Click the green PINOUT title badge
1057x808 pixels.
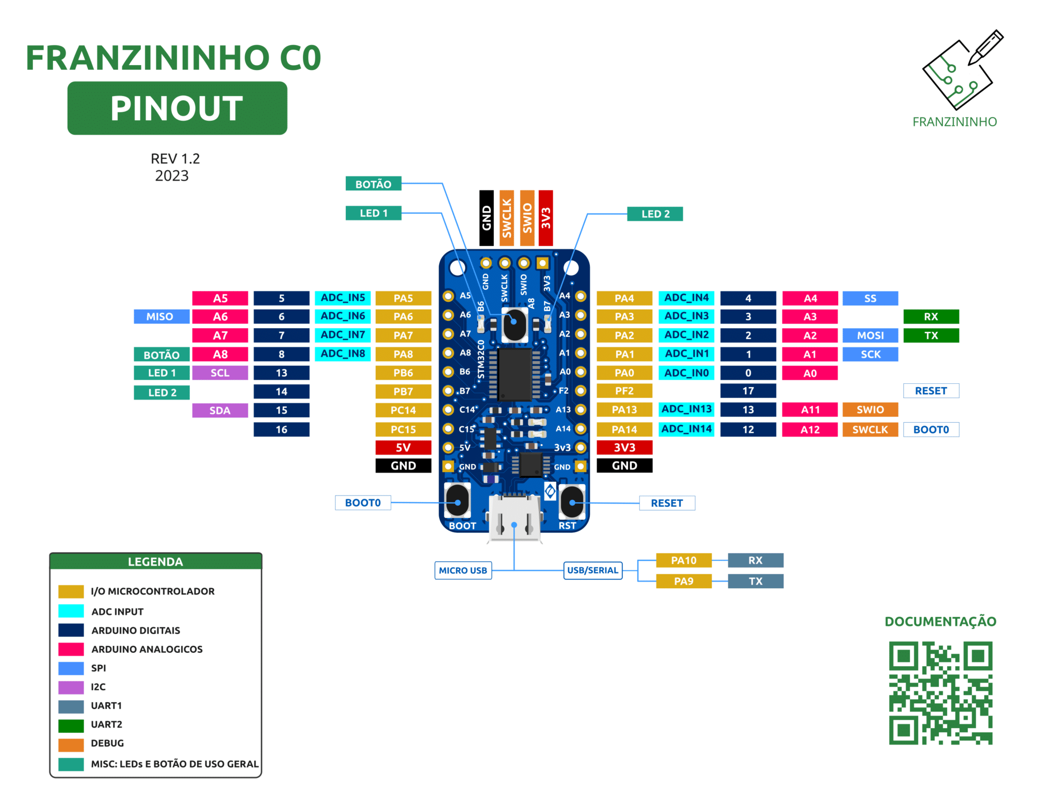pyautogui.click(x=177, y=108)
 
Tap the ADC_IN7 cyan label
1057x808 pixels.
pyautogui.click(x=343, y=335)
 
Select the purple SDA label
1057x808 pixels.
pyautogui.click(x=220, y=410)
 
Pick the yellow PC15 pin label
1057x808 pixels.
pyautogui.click(x=403, y=429)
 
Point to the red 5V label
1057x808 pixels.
pyautogui.click(x=403, y=447)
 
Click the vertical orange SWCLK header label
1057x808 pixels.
pyautogui.click(x=506, y=218)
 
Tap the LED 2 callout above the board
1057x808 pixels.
pyautogui.click(x=654, y=214)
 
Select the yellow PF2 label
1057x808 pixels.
pyautogui.click(x=624, y=391)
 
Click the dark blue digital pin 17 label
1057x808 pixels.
pyautogui.click(x=748, y=391)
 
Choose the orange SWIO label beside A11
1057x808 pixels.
pyautogui.click(x=870, y=410)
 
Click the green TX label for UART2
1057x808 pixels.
pyautogui.click(x=931, y=335)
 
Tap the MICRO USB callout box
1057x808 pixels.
pyautogui.click(x=463, y=570)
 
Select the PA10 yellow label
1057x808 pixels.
pyautogui.click(x=683, y=560)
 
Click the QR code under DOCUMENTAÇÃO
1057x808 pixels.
pyautogui.click(x=940, y=692)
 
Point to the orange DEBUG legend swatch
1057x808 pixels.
pyautogui.click(x=71, y=744)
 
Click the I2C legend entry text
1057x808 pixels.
pyautogui.click(x=98, y=687)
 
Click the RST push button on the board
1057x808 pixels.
pyautogui.click(x=572, y=502)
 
